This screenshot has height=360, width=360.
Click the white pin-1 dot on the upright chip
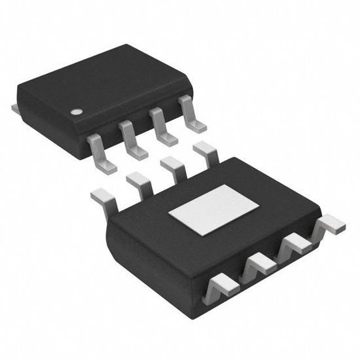click(x=76, y=112)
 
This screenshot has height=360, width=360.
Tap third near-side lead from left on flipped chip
click(x=293, y=247)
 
